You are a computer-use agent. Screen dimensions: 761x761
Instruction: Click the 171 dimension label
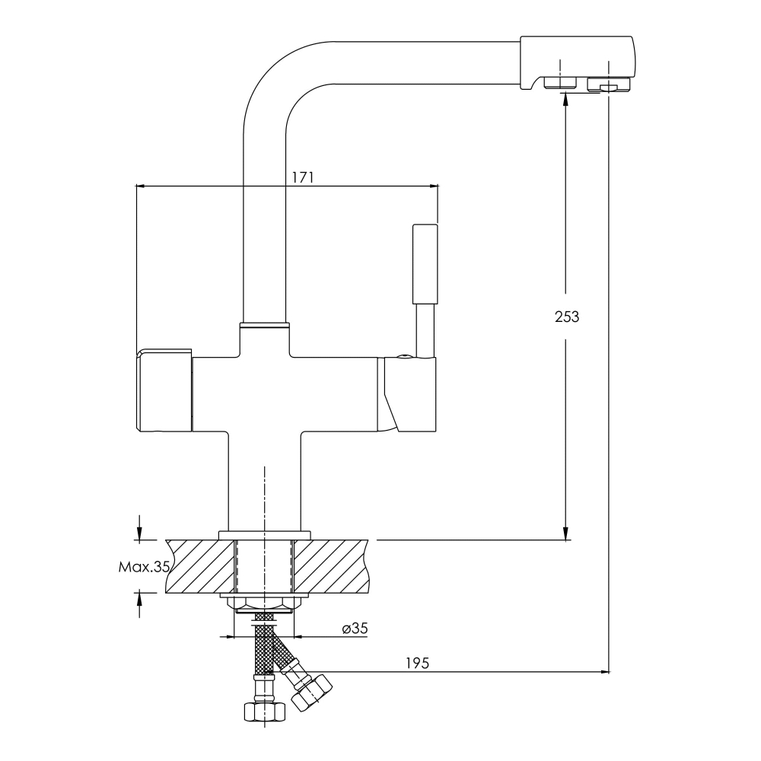tap(302, 177)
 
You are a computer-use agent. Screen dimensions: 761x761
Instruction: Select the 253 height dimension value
tap(567, 317)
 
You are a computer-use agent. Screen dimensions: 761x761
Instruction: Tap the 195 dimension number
tap(417, 663)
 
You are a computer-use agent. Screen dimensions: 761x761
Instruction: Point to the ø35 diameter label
tap(355, 629)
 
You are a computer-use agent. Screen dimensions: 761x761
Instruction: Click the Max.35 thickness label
tap(144, 566)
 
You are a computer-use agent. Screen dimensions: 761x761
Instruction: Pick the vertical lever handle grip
tap(425, 264)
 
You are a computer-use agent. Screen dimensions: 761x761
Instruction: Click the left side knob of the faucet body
tap(164, 390)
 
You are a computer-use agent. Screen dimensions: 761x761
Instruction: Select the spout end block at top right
tap(577, 63)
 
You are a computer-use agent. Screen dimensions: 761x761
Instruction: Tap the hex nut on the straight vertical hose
tap(264, 712)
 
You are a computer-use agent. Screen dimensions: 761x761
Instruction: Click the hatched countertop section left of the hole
tap(200, 566)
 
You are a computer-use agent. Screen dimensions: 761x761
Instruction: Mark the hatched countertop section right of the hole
tap(330, 566)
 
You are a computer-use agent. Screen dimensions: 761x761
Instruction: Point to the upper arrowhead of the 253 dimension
tap(565, 98)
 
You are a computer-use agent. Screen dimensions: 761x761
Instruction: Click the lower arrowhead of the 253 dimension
tap(565, 533)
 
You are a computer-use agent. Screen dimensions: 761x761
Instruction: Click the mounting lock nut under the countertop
tap(265, 603)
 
